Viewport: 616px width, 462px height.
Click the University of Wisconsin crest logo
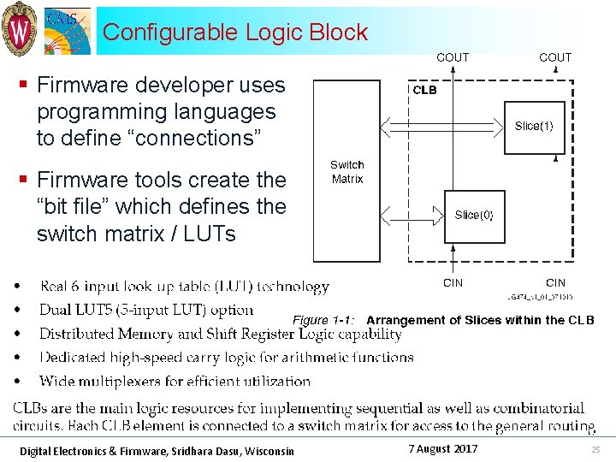point(19,27)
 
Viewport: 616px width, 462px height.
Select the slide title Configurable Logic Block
point(235,33)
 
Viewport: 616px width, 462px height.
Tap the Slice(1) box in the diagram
point(534,126)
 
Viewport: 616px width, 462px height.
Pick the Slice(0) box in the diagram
point(473,215)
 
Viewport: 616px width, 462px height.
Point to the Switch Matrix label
point(346,172)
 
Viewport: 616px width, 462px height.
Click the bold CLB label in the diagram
point(424,90)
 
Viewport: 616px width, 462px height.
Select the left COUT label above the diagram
point(453,57)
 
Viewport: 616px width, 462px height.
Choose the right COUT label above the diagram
point(555,57)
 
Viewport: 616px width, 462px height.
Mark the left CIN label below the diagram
point(453,282)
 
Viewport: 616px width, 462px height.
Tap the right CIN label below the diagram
point(555,282)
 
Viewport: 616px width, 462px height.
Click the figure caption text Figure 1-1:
point(324,320)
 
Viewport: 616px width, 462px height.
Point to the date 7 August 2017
point(442,449)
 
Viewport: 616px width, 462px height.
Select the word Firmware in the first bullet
point(77,85)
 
